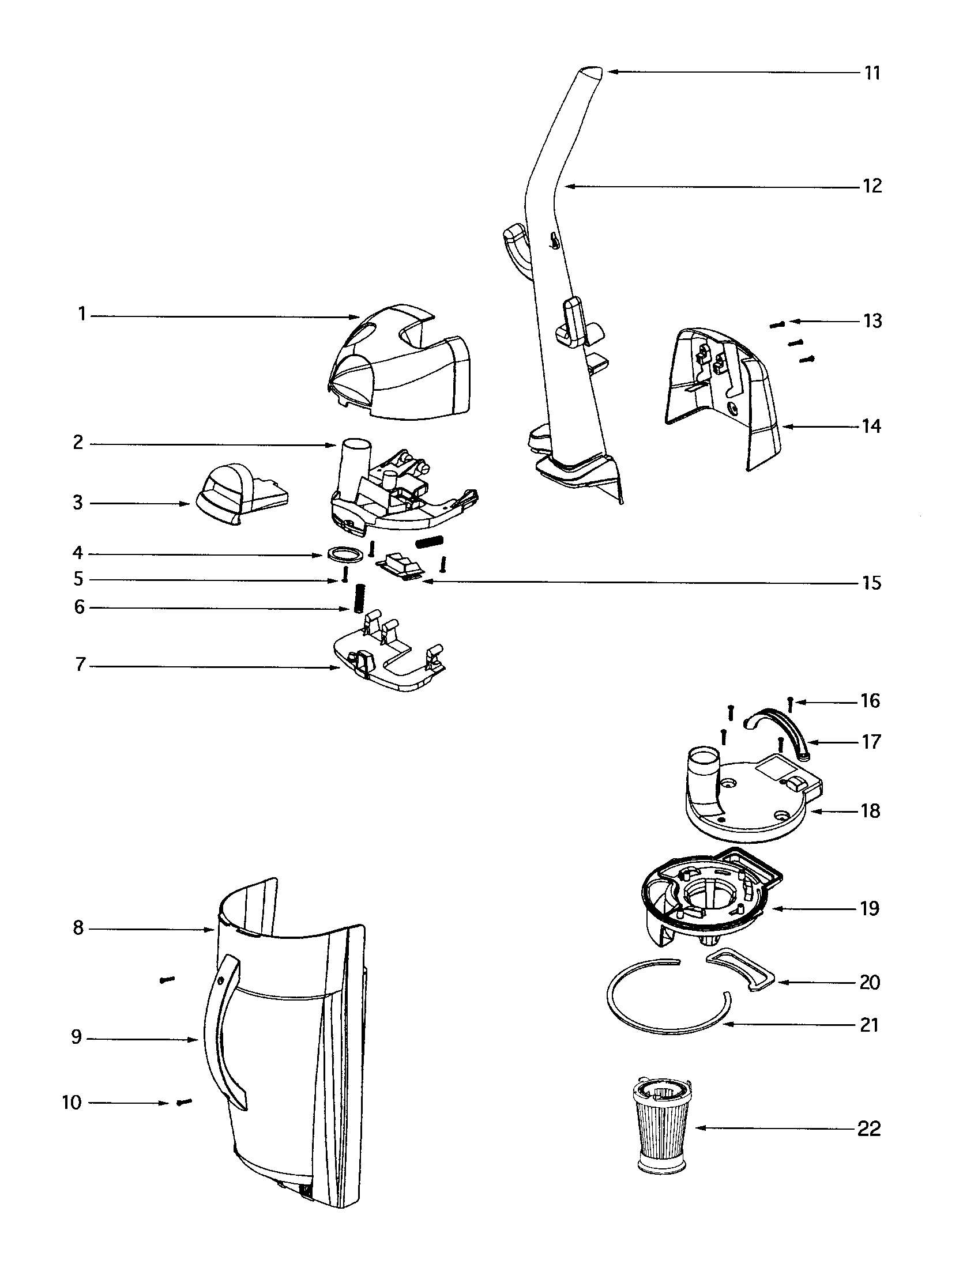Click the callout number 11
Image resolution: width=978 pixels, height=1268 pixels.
point(872,73)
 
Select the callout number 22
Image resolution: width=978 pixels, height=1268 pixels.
point(869,1129)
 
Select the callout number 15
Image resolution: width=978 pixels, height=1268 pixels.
point(871,582)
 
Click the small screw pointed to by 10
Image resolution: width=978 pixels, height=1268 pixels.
point(183,1102)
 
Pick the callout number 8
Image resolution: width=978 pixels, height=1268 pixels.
point(78,928)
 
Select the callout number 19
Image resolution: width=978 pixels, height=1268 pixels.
point(870,908)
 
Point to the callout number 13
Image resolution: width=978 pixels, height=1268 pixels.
point(872,320)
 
